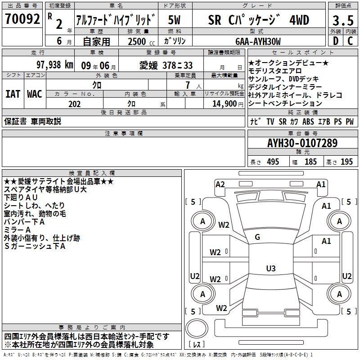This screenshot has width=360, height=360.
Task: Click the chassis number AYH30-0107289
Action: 302,143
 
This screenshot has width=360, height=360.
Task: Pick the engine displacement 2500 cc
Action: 138,41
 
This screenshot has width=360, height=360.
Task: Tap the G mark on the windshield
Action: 257,237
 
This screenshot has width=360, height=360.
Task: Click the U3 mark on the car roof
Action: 270,269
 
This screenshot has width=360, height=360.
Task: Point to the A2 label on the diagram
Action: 220,184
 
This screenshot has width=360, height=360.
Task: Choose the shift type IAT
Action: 13,94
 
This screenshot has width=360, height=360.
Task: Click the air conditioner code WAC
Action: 35,94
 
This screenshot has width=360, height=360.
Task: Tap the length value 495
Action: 272,162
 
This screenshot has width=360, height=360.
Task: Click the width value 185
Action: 310,162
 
